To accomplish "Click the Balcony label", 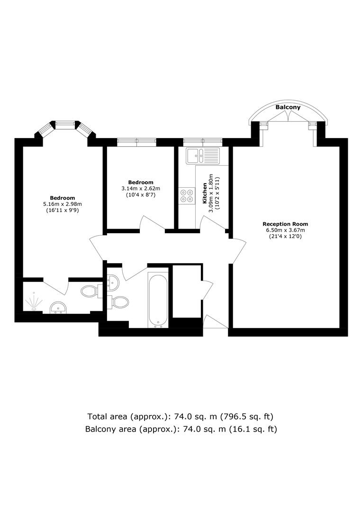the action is [288, 107].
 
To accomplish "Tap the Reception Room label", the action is [285, 224].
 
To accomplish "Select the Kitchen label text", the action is [205, 193].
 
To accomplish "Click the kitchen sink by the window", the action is [203, 156].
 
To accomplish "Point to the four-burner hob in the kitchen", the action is [187, 195].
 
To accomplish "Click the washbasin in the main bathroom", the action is [113, 282].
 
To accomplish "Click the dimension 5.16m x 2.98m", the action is [63, 204].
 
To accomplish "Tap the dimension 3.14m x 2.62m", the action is [141, 188].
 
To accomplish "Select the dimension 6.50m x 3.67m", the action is [285, 230].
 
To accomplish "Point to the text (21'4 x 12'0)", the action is [285, 236].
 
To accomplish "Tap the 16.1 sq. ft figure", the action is [254, 429].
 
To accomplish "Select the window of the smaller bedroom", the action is [137, 141].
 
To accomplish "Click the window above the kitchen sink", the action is [203, 141].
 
